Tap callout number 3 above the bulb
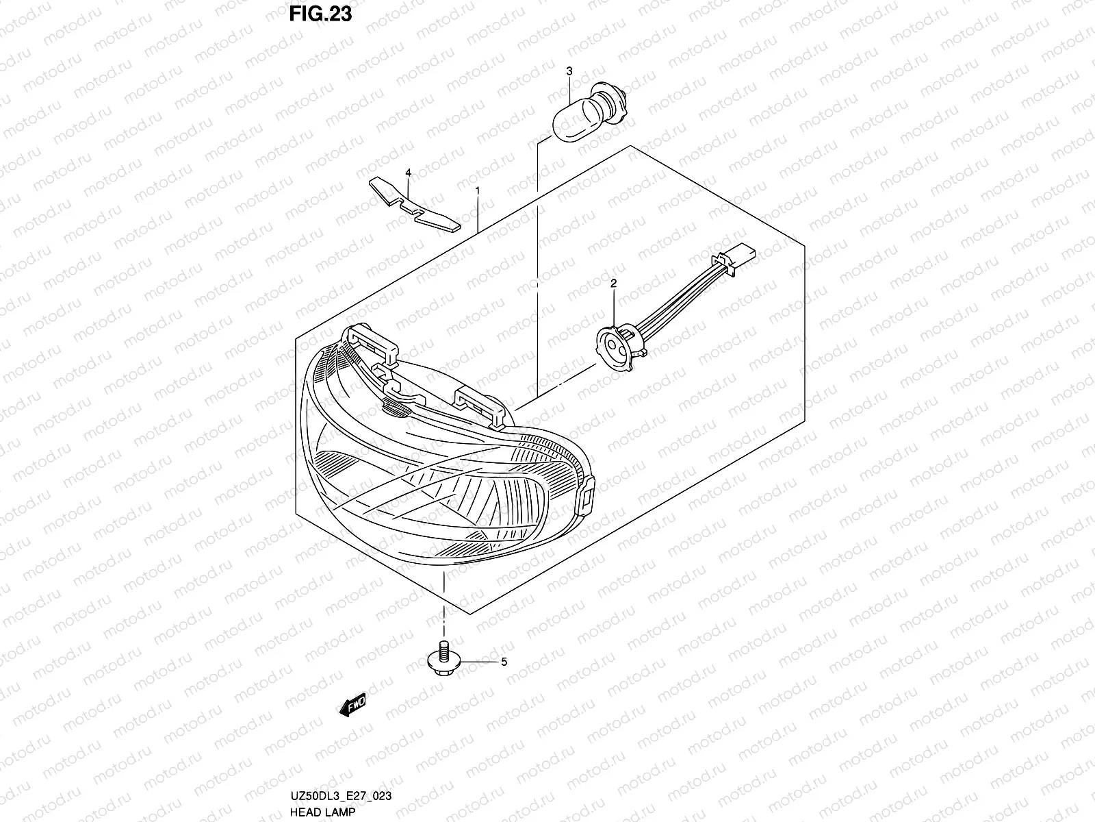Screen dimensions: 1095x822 [x=569, y=71]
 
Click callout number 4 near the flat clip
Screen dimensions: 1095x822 [x=408, y=173]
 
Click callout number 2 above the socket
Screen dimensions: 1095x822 [x=613, y=282]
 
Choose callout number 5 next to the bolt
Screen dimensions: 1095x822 [x=504, y=662]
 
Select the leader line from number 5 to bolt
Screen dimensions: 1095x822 [x=479, y=662]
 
